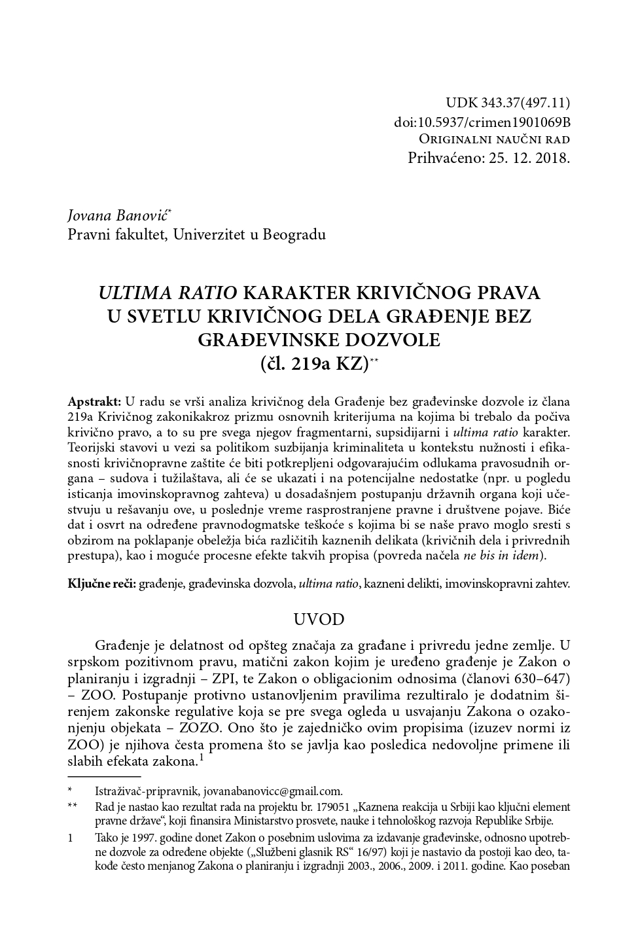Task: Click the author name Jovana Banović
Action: [118, 215]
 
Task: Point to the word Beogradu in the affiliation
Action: [294, 234]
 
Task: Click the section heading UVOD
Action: [318, 619]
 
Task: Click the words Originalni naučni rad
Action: [494, 139]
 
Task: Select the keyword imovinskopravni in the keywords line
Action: [483, 583]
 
